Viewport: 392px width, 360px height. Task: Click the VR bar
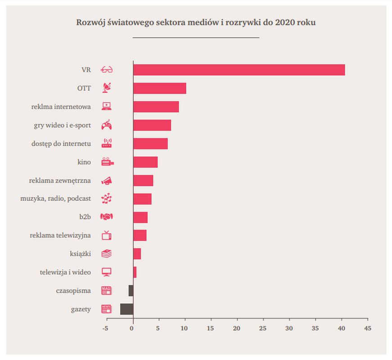point(239,70)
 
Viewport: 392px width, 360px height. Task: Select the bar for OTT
point(160,88)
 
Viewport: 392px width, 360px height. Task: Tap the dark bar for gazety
point(126,309)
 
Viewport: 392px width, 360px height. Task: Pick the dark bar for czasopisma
point(131,291)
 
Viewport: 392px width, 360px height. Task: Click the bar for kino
point(145,162)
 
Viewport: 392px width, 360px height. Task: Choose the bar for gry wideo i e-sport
point(152,125)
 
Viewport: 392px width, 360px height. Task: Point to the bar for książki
point(137,254)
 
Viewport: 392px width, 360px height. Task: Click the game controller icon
point(107,125)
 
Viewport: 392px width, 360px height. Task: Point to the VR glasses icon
point(107,70)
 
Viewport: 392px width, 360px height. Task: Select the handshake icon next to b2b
point(107,217)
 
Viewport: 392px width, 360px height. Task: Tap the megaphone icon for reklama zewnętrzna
point(107,180)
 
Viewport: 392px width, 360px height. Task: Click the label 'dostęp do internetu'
point(61,144)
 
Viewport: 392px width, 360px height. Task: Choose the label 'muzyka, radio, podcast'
point(56,198)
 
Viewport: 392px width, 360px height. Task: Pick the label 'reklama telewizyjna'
point(60,235)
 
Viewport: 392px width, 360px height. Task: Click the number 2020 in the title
point(285,22)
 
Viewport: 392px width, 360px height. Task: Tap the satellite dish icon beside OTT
point(107,88)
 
